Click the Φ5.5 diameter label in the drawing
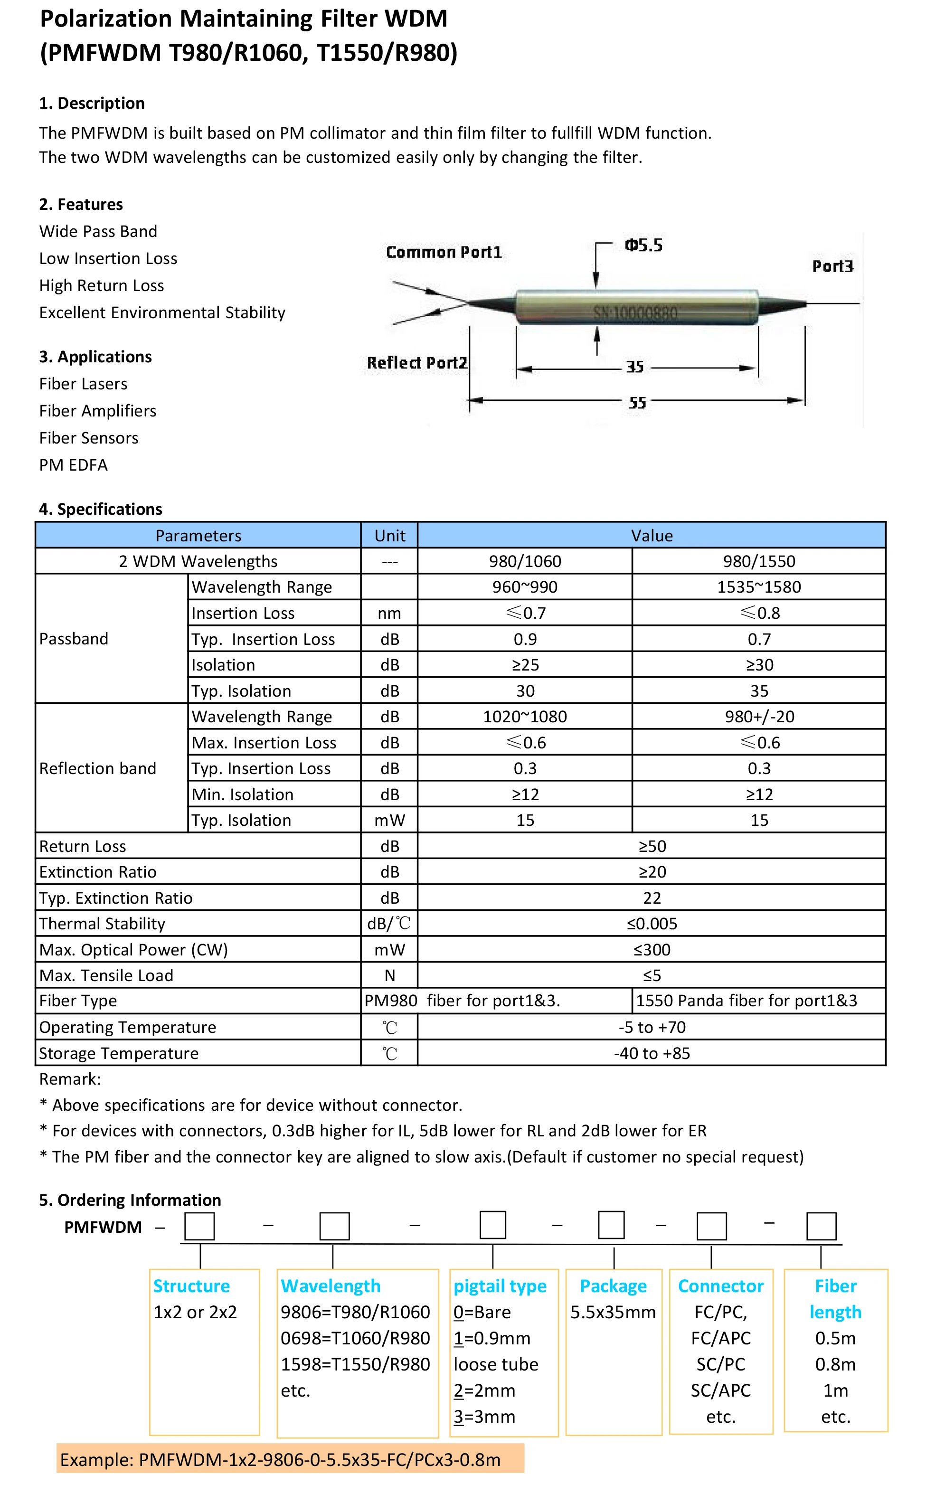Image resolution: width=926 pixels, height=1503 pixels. [643, 246]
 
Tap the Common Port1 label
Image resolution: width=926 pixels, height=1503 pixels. [444, 252]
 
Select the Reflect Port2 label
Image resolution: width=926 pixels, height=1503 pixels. [417, 363]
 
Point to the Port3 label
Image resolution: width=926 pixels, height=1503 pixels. [832, 266]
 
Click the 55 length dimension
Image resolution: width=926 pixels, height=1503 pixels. [637, 402]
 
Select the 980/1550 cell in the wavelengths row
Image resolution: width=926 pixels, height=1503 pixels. [758, 561]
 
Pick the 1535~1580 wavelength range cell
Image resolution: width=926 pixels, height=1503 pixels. [758, 587]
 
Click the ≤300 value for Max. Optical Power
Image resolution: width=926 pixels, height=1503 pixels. [652, 949]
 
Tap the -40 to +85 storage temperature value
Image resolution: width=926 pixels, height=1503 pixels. [652, 1053]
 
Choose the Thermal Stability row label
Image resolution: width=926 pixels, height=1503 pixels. [102, 924]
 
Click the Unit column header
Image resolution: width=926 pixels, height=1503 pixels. [389, 535]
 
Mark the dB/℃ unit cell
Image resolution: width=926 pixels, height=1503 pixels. [389, 924]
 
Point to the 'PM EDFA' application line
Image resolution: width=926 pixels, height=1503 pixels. [74, 465]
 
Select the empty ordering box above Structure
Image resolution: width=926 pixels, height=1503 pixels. [199, 1226]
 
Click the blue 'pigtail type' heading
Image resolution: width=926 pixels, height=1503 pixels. [500, 1286]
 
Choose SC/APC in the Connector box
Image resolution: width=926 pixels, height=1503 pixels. [720, 1390]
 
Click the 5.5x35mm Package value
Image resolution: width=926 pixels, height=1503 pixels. [613, 1312]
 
